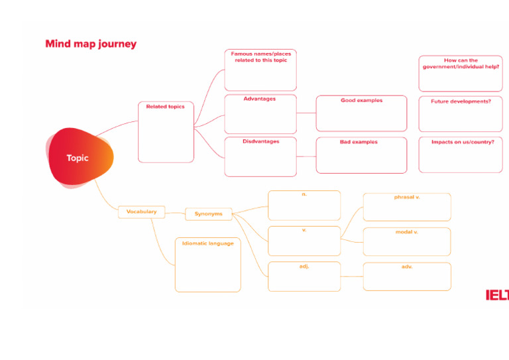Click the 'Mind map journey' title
[x=91, y=44]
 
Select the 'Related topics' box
[x=166, y=132]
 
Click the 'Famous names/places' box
[x=260, y=70]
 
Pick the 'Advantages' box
[x=260, y=114]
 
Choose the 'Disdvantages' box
[x=260, y=156]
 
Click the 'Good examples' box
[x=361, y=114]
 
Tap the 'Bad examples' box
[x=361, y=155]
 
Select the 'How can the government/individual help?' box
[x=461, y=73]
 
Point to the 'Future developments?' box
[x=461, y=114]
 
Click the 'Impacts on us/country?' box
[x=461, y=154]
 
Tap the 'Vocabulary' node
[x=141, y=212]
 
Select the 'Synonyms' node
[x=209, y=214]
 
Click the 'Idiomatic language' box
[x=207, y=265]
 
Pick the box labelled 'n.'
[x=304, y=206]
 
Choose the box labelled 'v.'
[x=304, y=241]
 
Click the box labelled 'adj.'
[x=304, y=276]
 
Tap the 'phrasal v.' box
[x=407, y=207]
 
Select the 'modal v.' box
[x=407, y=241]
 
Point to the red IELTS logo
[x=497, y=295]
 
